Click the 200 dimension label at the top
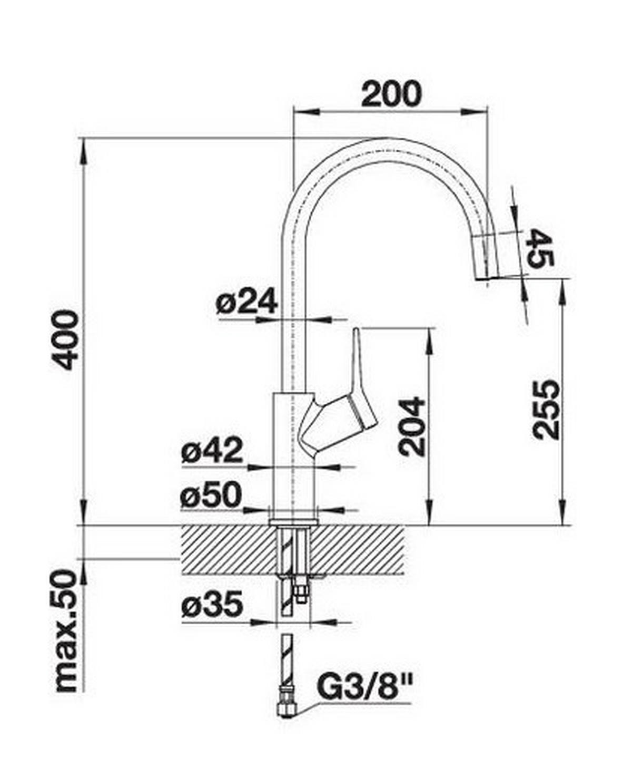coord(392,94)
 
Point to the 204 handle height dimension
coord(411,427)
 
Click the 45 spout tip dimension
coord(540,249)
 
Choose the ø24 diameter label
coord(246,303)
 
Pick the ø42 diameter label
coord(212,451)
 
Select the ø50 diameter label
coord(211,496)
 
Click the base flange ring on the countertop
coord(293,521)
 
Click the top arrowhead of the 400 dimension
coord(83,148)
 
